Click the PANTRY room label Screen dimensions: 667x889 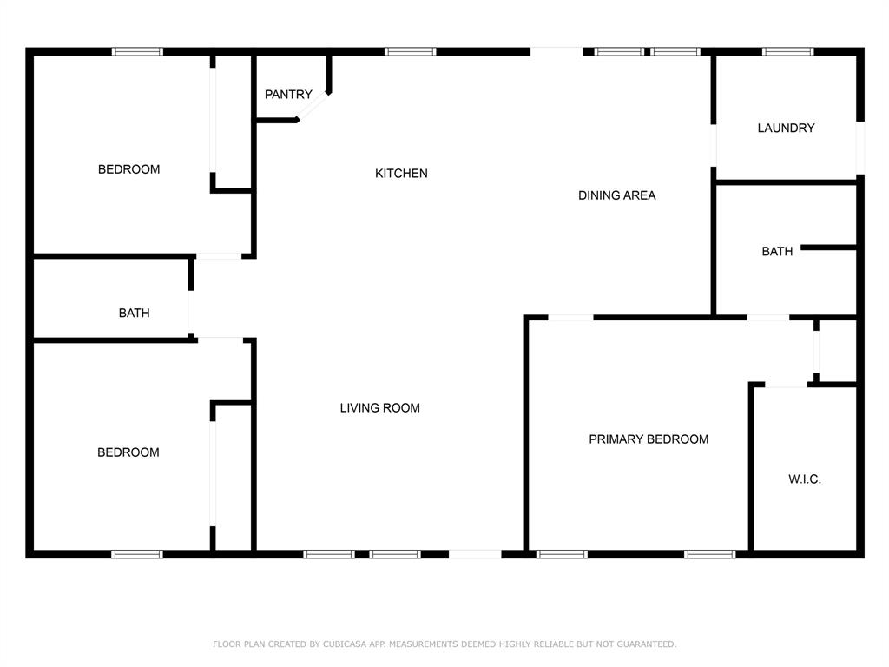288,95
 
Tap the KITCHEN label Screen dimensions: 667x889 401,174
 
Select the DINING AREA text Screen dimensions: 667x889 616,195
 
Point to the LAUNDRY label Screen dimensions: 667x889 786,129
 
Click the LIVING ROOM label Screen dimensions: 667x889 379,408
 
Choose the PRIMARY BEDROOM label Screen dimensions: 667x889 649,439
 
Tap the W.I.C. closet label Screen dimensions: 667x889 804,479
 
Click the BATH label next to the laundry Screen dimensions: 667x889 777,252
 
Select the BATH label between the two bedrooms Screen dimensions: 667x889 134,314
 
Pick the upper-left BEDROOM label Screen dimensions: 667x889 128,169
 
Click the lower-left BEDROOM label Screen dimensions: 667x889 128,452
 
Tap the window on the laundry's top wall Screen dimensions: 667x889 787,52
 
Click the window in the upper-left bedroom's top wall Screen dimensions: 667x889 137,52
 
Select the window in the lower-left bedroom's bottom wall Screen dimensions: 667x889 136,553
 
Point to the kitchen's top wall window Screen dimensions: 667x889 411,52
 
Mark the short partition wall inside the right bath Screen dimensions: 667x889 828,248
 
